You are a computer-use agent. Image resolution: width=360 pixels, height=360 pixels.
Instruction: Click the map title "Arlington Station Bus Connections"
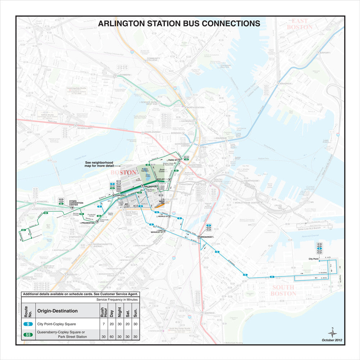pyautogui.click(x=179, y=24)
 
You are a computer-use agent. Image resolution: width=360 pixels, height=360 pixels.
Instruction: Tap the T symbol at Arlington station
pyautogui.click(x=143, y=186)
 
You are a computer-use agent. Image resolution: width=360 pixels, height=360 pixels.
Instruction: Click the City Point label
pyautogui.click(x=314, y=259)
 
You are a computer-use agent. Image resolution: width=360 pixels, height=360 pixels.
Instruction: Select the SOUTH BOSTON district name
pyautogui.click(x=284, y=290)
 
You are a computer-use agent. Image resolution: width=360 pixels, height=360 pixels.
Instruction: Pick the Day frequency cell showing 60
pyautogui.click(x=112, y=337)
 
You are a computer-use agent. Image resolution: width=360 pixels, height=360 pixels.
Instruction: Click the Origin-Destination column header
pyautogui.click(x=58, y=311)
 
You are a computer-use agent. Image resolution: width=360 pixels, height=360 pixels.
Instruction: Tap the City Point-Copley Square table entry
pyautogui.click(x=57, y=324)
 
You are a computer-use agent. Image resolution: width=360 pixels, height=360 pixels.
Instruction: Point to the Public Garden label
pyautogui.click(x=145, y=170)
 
